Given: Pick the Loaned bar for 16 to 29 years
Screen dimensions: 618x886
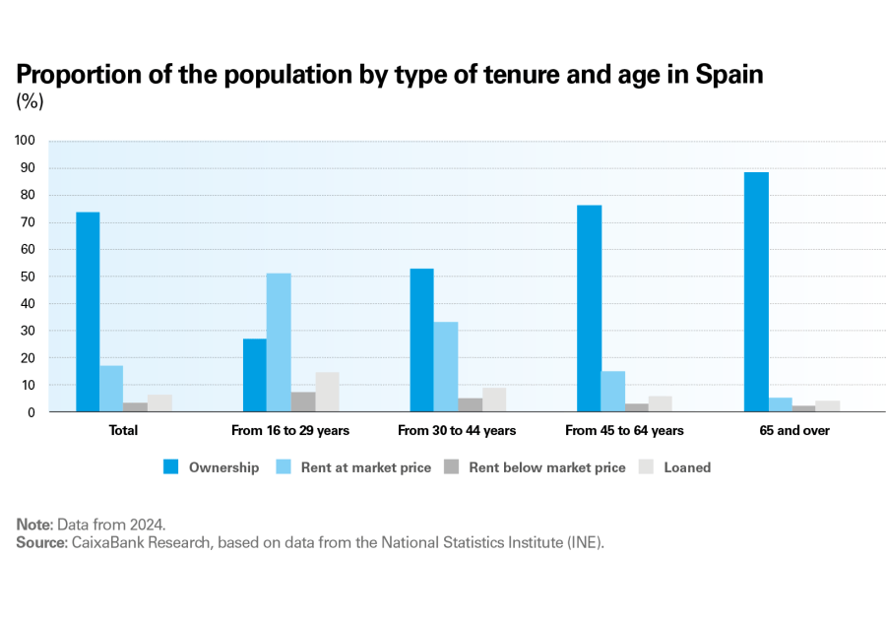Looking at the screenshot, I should coord(327,392).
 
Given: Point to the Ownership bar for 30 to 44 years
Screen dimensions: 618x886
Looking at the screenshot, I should coord(421,340).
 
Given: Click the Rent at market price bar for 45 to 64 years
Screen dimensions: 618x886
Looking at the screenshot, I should coord(613,392).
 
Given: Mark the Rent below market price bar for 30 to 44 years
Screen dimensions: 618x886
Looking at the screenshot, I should coord(470,404).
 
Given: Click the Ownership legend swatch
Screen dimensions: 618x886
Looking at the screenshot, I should coord(170,467).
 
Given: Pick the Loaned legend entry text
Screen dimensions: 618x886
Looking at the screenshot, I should coord(687,467).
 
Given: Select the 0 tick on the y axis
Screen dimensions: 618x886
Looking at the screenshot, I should coord(32,412).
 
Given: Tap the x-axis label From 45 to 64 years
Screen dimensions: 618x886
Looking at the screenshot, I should coord(624,430).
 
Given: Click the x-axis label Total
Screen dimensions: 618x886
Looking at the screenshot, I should coord(124,430).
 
